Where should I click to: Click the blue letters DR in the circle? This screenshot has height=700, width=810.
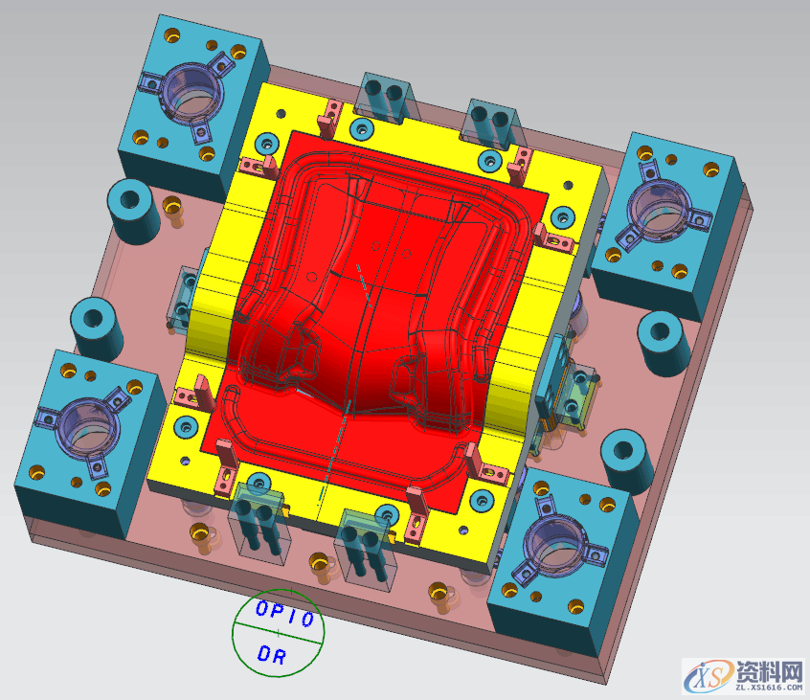pyautogui.click(x=272, y=655)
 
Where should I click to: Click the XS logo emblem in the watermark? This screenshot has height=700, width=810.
pyautogui.click(x=708, y=674)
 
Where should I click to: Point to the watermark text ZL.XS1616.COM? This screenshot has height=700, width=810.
pyautogui.click(x=769, y=688)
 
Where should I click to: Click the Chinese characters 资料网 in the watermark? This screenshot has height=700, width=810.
pyautogui.click(x=769, y=670)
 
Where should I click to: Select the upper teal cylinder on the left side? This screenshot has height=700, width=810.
pyautogui.click(x=133, y=211)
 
